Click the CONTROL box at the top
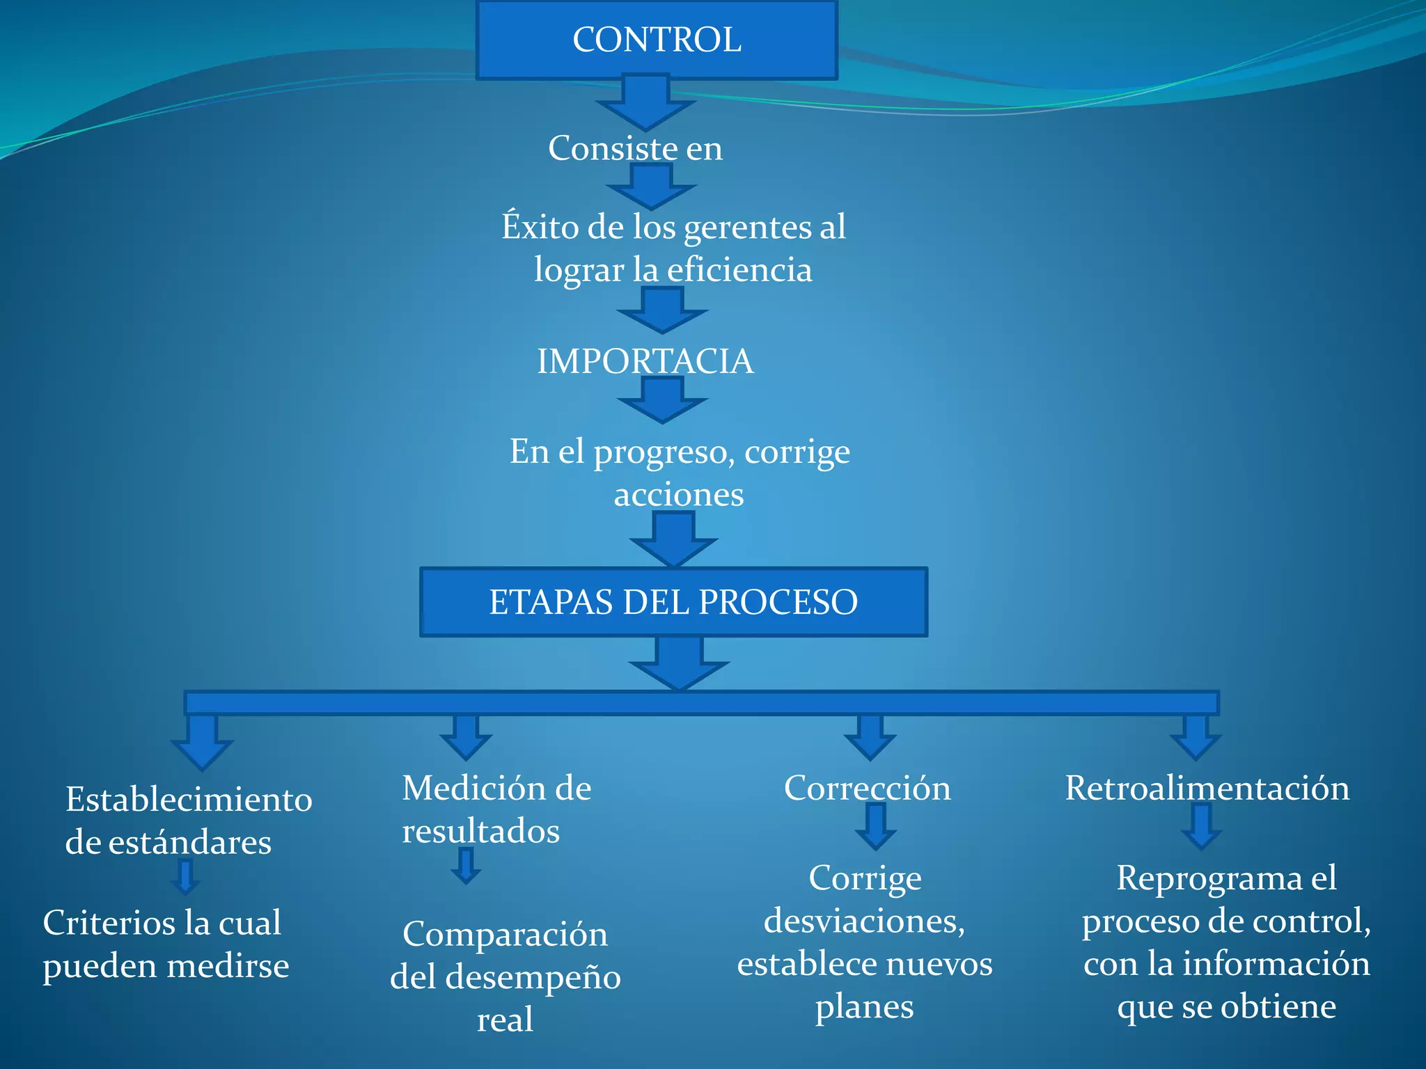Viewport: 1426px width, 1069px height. point(657,40)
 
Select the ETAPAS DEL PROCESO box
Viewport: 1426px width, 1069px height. point(673,602)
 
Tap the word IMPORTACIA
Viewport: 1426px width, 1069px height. point(645,361)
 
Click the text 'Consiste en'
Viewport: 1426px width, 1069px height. point(635,148)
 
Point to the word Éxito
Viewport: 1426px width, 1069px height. point(540,226)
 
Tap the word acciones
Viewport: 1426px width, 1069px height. point(679,495)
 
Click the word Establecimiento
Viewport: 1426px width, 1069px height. point(189,800)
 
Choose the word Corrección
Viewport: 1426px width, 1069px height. point(867,788)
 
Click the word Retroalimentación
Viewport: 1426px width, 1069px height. point(1207,788)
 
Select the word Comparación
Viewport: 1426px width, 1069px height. point(505,934)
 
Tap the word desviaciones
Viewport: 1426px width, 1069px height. point(864,921)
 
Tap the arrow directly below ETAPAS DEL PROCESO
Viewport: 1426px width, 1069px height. point(679,664)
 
